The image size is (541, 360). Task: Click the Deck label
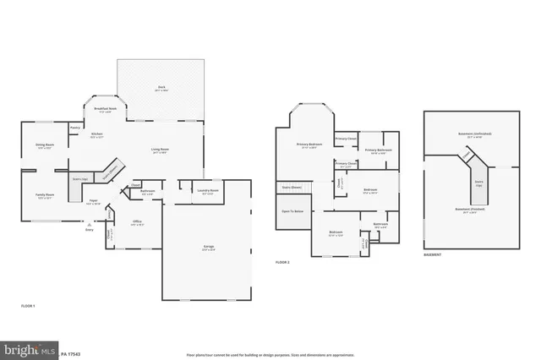coord(161,87)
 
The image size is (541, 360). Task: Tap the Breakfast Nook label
coord(105,111)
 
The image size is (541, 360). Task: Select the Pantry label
coord(75,128)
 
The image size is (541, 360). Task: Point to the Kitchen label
coord(97,134)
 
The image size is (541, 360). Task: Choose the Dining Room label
coord(45,145)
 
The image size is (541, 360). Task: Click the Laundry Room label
coord(208,191)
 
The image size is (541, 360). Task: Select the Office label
coord(137,222)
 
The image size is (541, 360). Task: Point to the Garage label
coord(208,248)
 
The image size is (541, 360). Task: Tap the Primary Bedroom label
coord(309,145)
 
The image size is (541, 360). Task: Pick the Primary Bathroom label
coord(377,151)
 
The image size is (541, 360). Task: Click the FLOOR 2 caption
coord(282,263)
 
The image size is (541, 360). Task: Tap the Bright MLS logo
coord(28,348)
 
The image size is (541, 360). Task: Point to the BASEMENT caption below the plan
coord(434,254)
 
